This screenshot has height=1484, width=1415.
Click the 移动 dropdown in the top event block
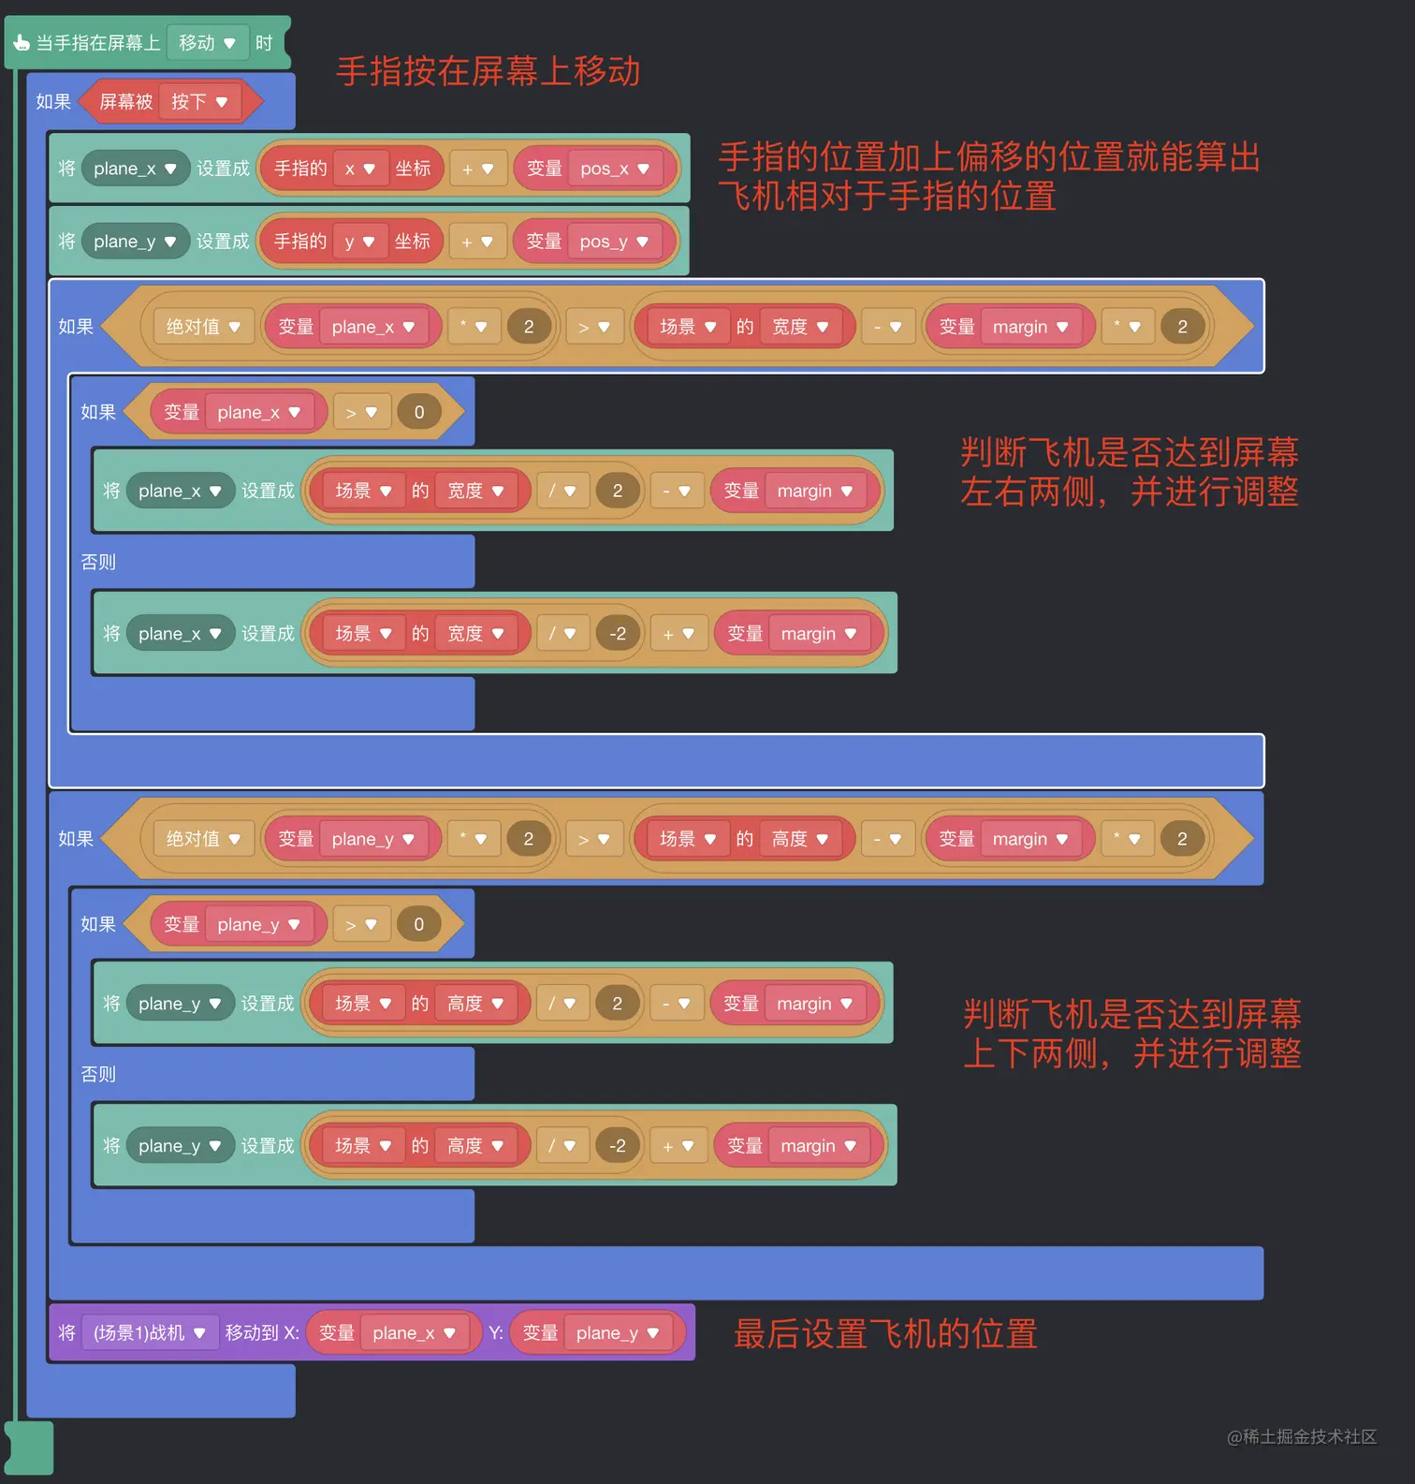pyautogui.click(x=207, y=43)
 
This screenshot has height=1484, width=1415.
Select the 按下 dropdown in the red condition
pyautogui.click(x=199, y=102)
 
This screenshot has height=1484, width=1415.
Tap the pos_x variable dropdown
pyautogui.click(x=615, y=169)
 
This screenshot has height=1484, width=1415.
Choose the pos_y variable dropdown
pyautogui.click(x=614, y=242)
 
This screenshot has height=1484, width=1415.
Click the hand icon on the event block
pyautogui.click(x=22, y=43)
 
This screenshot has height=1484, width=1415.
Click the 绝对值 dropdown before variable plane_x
pyautogui.click(x=203, y=327)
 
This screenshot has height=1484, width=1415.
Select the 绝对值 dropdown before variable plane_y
pyautogui.click(x=203, y=839)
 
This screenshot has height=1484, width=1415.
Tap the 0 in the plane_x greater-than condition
pyautogui.click(x=419, y=412)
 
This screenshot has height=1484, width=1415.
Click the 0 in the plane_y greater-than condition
pyautogui.click(x=418, y=924)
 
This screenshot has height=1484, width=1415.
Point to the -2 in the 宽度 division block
pyautogui.click(x=618, y=634)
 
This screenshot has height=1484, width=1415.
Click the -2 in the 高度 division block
pyautogui.click(x=618, y=1146)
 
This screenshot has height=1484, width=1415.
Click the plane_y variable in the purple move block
pyautogui.click(x=617, y=1333)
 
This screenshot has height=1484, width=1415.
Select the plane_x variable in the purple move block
pyautogui.click(x=414, y=1333)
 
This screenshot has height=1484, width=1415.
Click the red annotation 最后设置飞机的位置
pyautogui.click(x=885, y=1334)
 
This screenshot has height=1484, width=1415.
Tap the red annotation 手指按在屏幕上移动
pyautogui.click(x=488, y=72)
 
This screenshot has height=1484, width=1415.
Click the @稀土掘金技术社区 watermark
pyautogui.click(x=1302, y=1436)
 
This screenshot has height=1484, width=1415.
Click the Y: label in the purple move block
pyautogui.click(x=496, y=1333)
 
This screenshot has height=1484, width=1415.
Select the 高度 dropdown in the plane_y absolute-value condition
pyautogui.click(x=800, y=839)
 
